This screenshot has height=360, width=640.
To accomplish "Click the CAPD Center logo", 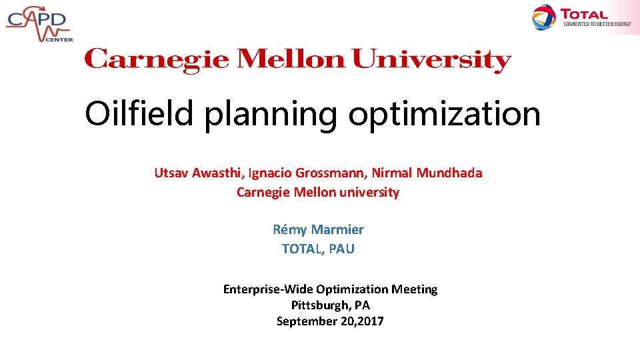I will tap(38, 23).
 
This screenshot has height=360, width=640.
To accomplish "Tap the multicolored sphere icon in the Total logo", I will tap(544, 17).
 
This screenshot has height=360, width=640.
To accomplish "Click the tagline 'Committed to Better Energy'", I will tap(597, 24).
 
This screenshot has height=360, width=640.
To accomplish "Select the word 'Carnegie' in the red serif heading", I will tap(157, 59).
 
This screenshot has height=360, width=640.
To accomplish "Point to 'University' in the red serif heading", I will tap(431, 59).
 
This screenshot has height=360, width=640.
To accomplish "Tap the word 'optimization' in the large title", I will tap(444, 115).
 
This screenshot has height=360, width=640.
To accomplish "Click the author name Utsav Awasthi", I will tap(199, 173).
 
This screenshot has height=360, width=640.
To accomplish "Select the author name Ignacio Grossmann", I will tap(307, 173).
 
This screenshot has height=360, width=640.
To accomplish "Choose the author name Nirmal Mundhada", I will tap(427, 173).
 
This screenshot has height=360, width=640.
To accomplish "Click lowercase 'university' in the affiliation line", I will tap(367, 193).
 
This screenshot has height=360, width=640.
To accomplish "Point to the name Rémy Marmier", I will tap(318, 230).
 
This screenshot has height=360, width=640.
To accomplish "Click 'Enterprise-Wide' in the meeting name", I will tap(268, 289).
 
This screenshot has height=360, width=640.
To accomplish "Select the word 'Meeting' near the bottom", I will tap(414, 289).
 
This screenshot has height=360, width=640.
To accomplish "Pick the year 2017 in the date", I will tap(370, 321).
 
